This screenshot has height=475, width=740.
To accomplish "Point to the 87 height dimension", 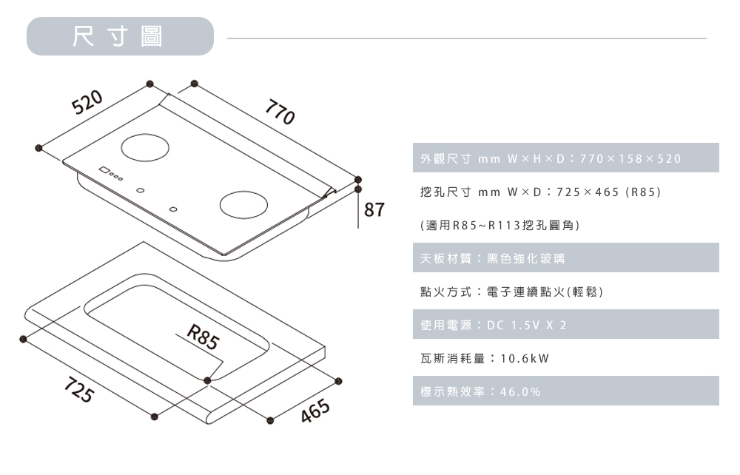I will pos(375,210).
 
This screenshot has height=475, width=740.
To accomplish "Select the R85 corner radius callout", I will pos(203,338).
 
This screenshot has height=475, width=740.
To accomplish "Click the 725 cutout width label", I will pos(78,390).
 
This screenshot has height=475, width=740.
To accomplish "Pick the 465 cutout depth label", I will pos(314,415).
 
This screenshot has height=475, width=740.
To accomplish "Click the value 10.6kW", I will pos(525,359).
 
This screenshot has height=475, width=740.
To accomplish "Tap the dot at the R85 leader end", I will pos(207,380).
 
